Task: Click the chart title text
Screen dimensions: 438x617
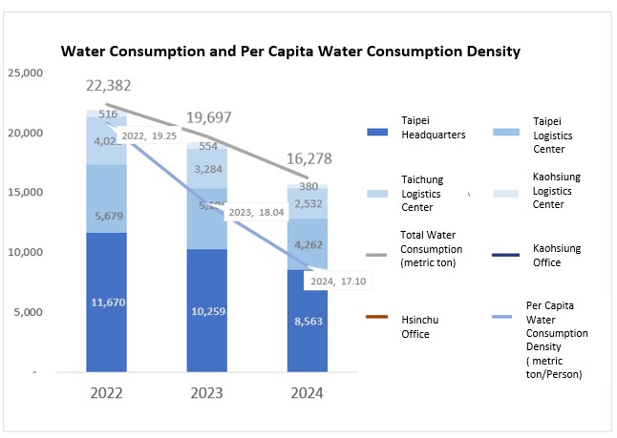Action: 290,52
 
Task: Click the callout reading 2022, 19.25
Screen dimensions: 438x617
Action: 152,136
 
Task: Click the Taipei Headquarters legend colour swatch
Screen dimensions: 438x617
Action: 382,129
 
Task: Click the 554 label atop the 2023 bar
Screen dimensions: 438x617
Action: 208,148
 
